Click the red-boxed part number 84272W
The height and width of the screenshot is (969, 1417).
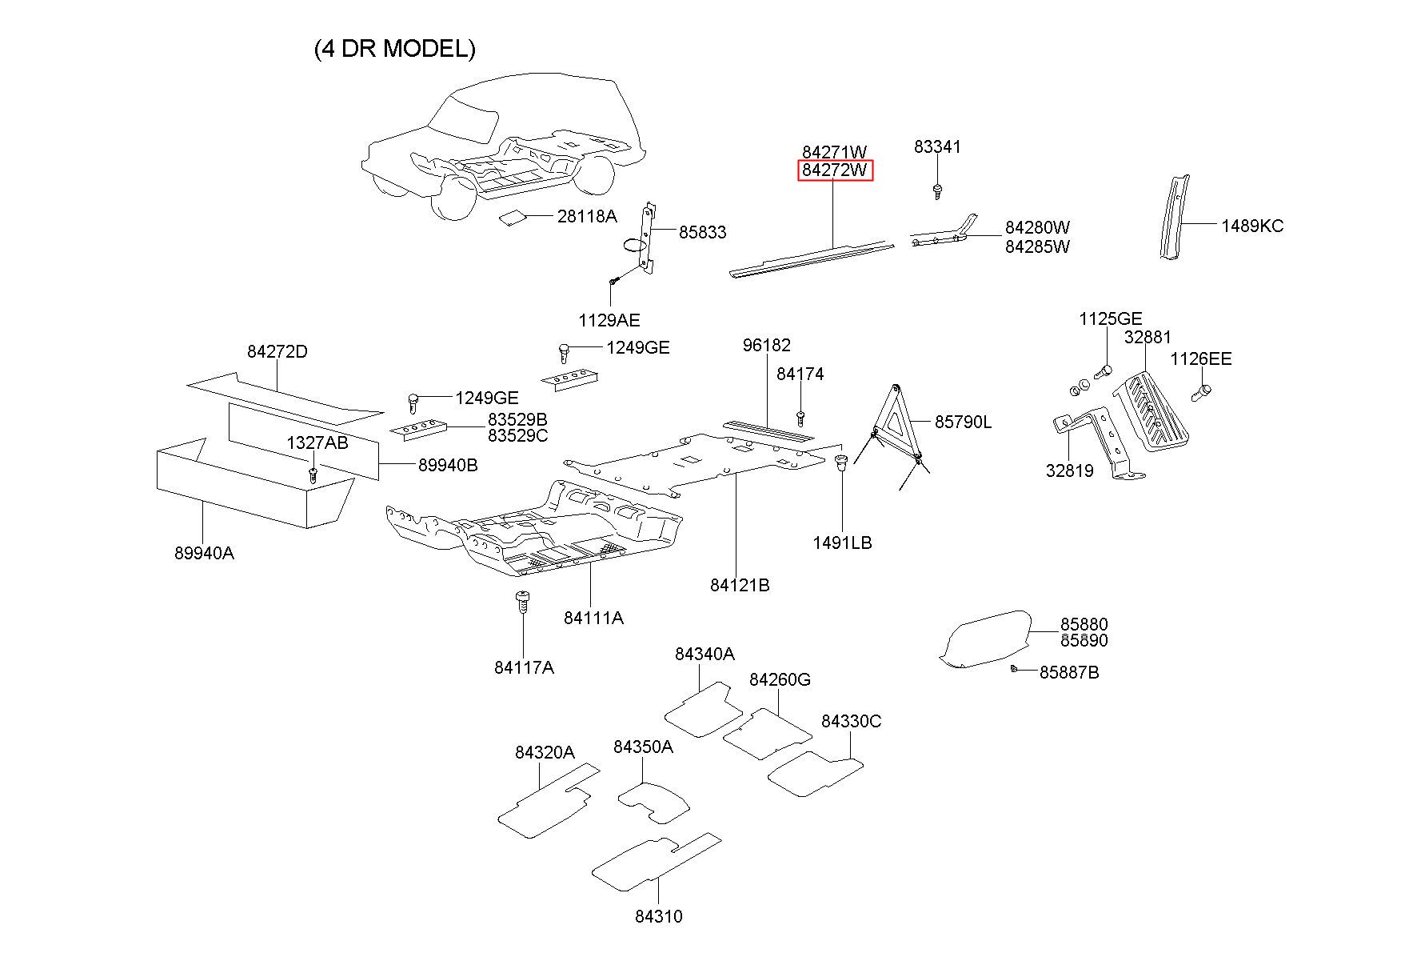[x=835, y=170]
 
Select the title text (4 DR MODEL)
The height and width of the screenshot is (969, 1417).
[x=395, y=49]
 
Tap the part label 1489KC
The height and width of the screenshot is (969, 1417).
[x=1251, y=226]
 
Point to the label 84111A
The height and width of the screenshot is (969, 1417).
[x=593, y=618]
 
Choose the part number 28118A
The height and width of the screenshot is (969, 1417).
[x=587, y=215]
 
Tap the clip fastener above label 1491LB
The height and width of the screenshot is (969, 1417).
[x=841, y=462]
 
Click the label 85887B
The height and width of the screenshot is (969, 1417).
[x=1069, y=673]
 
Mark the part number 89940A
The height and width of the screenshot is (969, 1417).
[x=204, y=553]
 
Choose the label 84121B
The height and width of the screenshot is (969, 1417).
[x=740, y=586]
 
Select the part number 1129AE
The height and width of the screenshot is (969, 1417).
[x=609, y=321]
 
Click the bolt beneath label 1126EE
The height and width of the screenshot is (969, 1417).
[x=1202, y=392]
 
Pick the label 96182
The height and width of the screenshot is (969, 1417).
[x=767, y=345]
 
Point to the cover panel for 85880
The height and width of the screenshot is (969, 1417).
[x=985, y=639]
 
